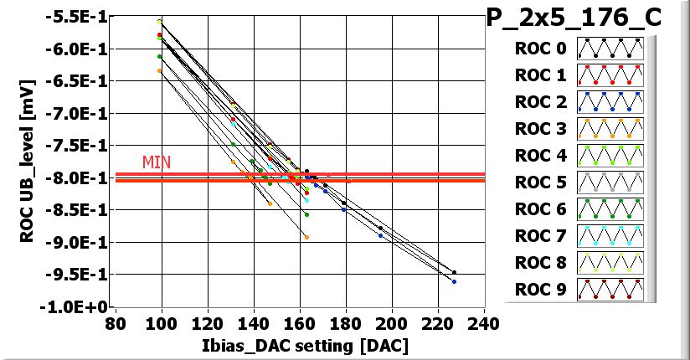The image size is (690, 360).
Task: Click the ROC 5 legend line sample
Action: tap(610, 182)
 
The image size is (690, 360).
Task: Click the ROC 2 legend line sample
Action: tap(610, 102)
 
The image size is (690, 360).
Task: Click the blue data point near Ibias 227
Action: tap(454, 281)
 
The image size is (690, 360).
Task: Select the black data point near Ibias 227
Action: tap(454, 272)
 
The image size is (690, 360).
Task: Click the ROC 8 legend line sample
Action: tap(610, 262)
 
